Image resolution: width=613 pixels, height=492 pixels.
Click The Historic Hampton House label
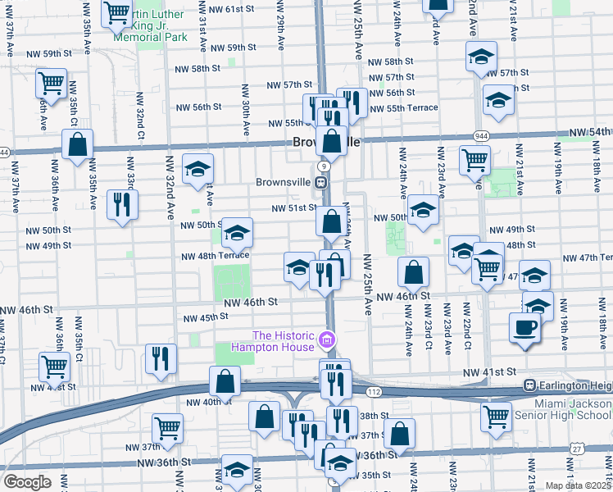(284, 341)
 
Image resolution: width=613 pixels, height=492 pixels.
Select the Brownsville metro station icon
(325, 182)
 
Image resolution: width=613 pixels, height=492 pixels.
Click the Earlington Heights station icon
(530, 385)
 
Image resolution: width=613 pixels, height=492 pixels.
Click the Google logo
(27, 482)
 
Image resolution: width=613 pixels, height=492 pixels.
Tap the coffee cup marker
(524, 329)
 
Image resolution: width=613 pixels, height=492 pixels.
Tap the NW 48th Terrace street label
(220, 255)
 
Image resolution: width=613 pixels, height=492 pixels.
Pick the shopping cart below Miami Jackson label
(497, 417)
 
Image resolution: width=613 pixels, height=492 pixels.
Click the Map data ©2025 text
(578, 485)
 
